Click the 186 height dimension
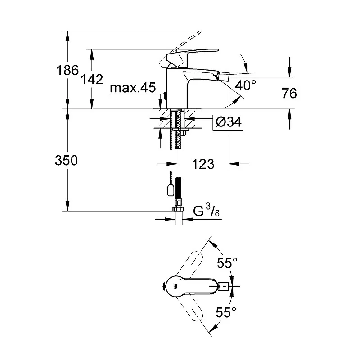pos(67,70)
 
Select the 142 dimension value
pos(92,80)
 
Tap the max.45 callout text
pos(133,87)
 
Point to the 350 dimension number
pos(66,160)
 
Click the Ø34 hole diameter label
pos(229,121)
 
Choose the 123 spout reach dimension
pos(203,164)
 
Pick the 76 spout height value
pos(289,93)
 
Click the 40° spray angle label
pos(245,85)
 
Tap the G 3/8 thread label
pos(206,211)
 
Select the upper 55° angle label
pos(227,263)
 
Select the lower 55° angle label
pos(226,312)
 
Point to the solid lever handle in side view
pos(193,55)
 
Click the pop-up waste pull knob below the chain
pos(170,190)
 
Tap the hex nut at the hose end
pos(178,209)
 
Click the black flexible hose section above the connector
pos(178,188)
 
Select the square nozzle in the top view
pos(224,286)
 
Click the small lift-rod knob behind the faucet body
pos(164,96)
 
